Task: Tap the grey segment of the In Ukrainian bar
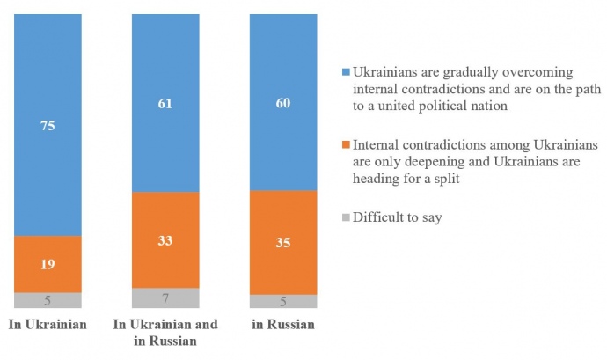48,300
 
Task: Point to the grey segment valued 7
165,298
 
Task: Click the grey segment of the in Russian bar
283,301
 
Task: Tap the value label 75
48,126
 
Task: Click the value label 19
48,263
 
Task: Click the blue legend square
344,72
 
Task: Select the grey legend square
344,217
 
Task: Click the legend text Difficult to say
397,217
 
